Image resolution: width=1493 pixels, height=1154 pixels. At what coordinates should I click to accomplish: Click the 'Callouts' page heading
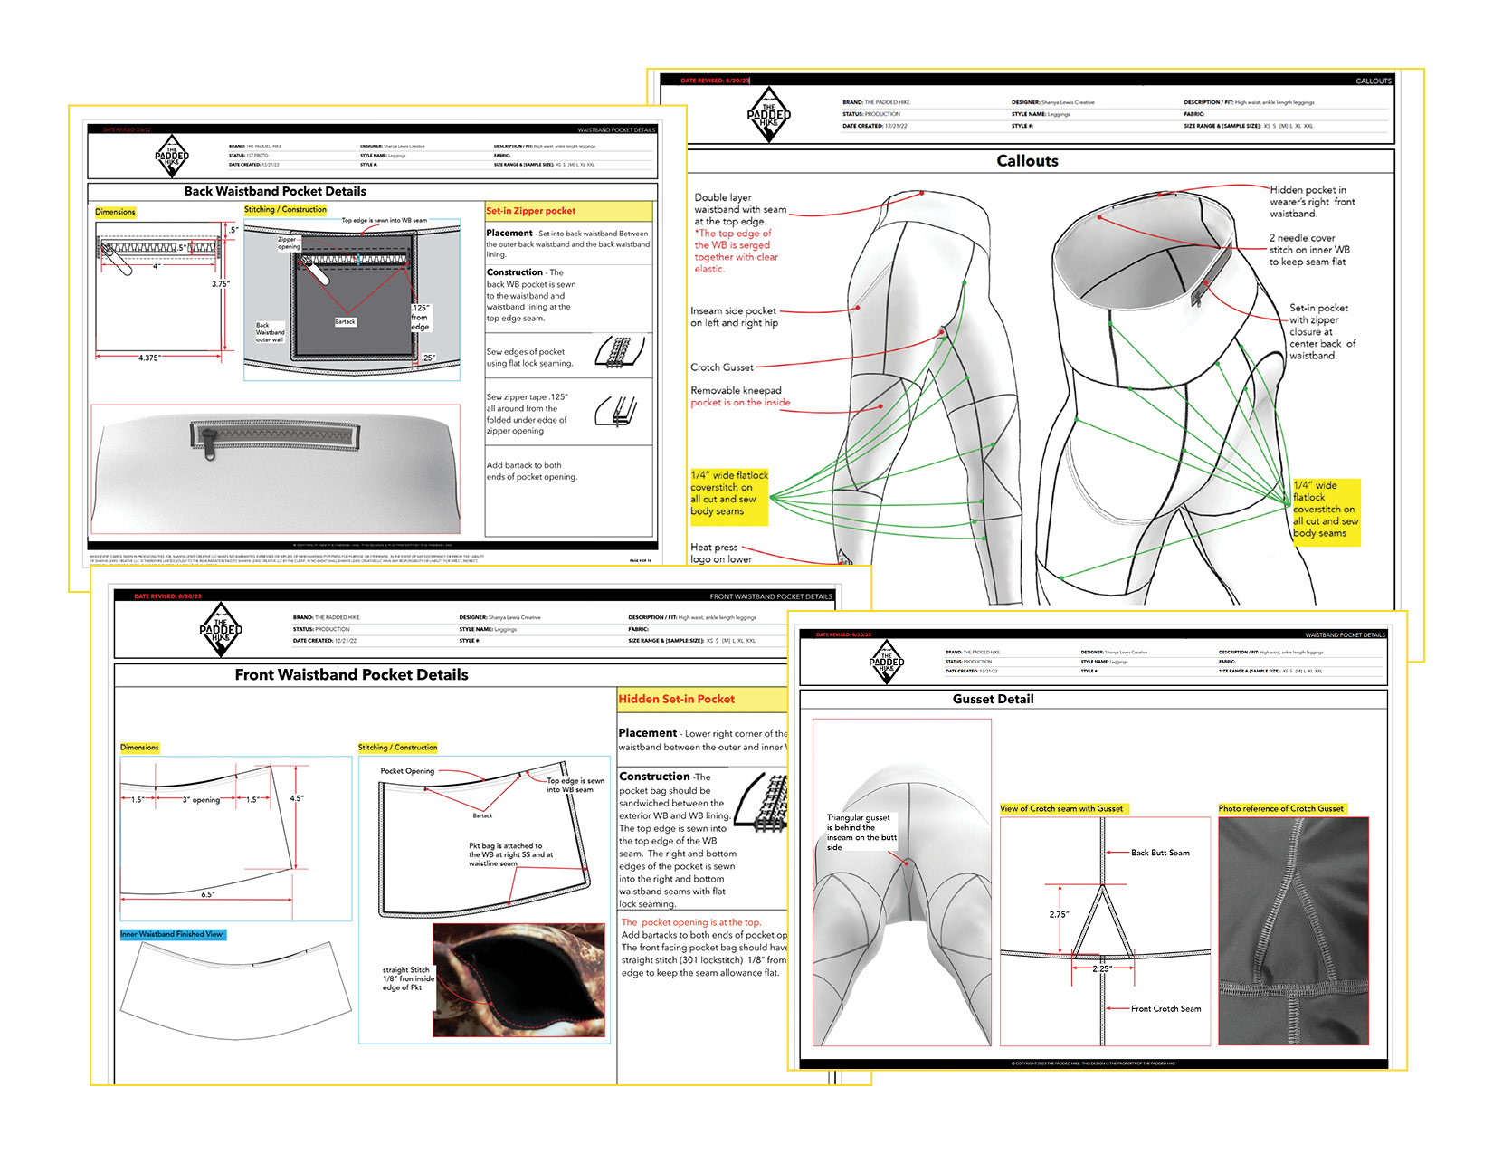1027,161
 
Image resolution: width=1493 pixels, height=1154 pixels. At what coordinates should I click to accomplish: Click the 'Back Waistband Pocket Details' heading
275,191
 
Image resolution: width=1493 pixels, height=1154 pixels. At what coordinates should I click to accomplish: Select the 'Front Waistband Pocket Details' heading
351,674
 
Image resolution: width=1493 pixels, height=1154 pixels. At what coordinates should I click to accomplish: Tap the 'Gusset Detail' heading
993,699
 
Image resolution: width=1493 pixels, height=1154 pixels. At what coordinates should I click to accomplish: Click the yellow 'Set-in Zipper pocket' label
531,211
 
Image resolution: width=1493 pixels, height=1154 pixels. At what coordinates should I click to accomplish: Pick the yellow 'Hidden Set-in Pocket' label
676,699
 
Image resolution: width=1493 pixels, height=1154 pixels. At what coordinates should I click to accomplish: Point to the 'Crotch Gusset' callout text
721,367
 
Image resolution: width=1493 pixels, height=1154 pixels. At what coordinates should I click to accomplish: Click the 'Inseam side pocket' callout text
734,317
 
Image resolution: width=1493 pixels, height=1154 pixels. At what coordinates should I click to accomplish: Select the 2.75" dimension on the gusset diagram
1059,914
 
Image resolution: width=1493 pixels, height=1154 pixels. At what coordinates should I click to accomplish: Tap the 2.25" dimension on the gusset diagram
1101,968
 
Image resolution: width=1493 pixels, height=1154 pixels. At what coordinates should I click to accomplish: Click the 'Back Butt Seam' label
1160,853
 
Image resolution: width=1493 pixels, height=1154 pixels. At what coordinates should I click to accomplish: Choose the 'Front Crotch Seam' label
1165,1008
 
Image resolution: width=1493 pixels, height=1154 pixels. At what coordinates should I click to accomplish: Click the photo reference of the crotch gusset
1293,930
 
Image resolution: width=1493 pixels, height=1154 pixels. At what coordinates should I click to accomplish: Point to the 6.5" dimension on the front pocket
208,894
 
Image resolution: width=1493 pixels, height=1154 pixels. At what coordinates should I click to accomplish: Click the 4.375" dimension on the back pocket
150,358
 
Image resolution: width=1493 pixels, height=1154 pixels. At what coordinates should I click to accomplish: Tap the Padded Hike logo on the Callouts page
768,115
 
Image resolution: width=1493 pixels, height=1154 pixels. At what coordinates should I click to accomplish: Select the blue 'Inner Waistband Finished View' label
172,934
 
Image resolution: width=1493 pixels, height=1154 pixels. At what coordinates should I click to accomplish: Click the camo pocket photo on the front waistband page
518,979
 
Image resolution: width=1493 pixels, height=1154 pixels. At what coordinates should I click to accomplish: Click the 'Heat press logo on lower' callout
721,553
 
